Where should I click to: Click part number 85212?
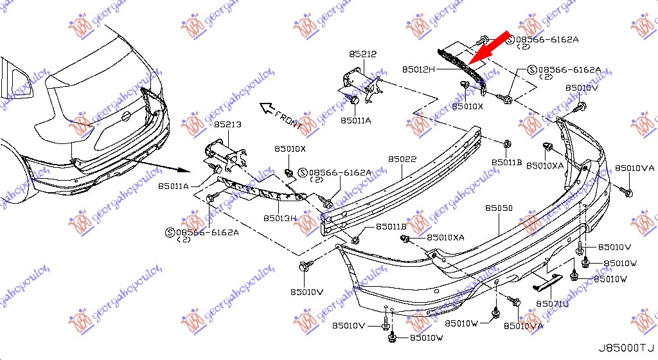[363, 55]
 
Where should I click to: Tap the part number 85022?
[402, 158]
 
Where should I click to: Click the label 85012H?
[419, 67]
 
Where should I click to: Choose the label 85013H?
[280, 218]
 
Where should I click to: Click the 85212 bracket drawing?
[360, 82]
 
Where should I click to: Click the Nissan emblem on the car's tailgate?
[126, 116]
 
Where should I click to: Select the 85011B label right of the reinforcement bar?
[507, 162]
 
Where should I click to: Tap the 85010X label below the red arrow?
[468, 106]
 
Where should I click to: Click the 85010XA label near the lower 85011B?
[445, 238]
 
